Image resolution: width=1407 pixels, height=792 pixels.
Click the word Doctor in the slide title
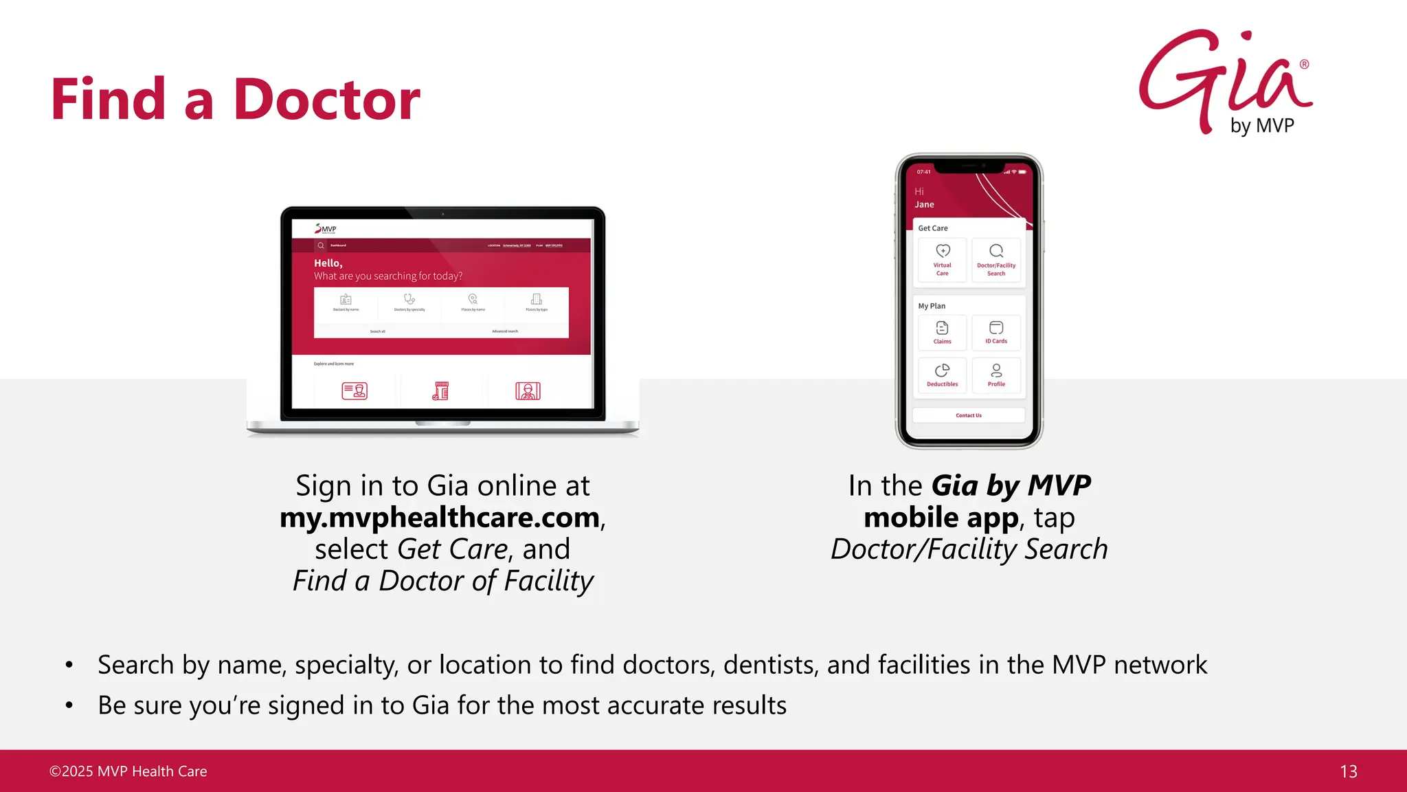(x=326, y=100)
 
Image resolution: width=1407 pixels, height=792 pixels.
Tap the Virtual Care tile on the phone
(x=942, y=260)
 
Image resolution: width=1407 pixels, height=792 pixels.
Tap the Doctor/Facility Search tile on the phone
(x=996, y=260)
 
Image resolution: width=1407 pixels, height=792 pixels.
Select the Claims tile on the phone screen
(x=942, y=333)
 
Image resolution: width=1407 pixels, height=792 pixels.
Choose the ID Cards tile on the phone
(x=996, y=333)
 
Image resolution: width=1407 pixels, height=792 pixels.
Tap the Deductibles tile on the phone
(x=942, y=375)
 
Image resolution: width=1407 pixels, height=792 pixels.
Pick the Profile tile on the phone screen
(x=996, y=375)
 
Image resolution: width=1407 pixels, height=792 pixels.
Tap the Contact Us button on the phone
(x=969, y=415)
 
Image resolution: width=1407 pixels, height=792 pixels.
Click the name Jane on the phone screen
(x=924, y=204)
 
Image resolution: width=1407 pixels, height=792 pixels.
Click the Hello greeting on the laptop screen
(x=328, y=263)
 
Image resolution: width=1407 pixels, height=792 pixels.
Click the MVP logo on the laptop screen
(x=326, y=229)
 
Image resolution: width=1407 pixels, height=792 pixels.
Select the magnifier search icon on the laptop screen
(x=321, y=245)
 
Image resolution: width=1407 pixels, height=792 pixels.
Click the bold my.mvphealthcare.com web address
(x=440, y=518)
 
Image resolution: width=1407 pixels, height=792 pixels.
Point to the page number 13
(x=1348, y=771)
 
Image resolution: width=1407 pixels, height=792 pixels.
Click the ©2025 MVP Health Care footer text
(x=128, y=771)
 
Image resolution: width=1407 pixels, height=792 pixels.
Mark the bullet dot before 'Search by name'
(x=69, y=665)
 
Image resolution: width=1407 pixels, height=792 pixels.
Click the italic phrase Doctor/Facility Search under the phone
(x=969, y=549)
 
